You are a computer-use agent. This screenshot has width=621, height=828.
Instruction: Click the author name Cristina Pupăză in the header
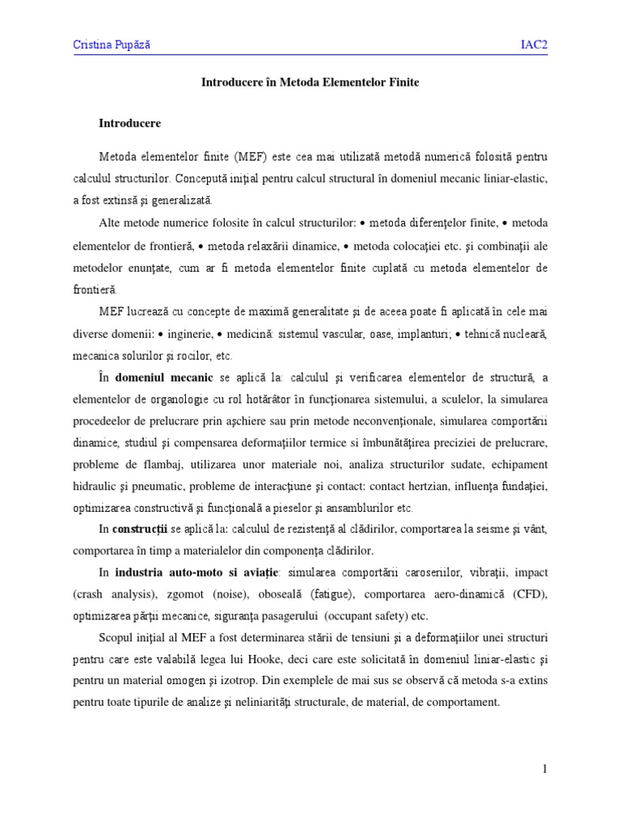(112, 45)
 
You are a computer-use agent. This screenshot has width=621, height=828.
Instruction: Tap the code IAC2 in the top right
(534, 45)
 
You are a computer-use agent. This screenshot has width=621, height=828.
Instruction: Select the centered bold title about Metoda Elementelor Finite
(310, 82)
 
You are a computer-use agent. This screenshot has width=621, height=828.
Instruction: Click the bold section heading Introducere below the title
(129, 124)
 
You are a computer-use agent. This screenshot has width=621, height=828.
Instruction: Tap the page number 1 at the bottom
(545, 769)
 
